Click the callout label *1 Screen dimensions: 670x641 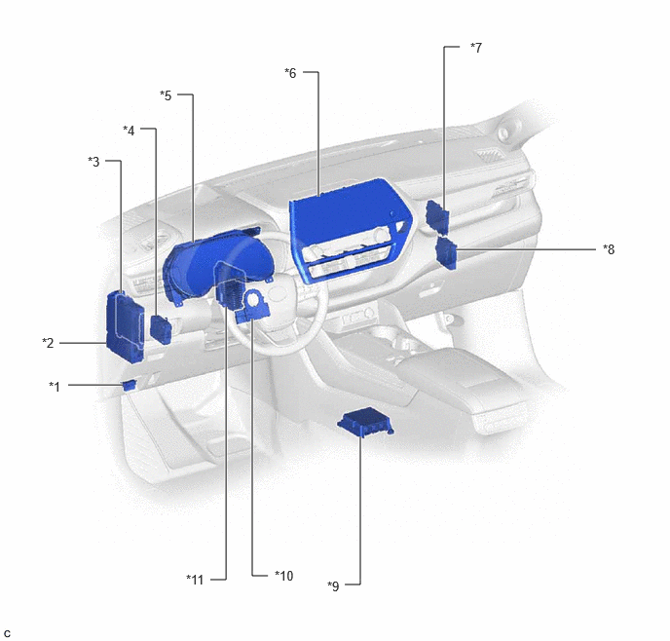[55, 387]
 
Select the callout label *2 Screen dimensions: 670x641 [48, 343]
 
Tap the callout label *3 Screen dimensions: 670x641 [93, 162]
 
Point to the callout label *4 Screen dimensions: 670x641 [129, 131]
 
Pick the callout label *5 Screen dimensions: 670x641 [166, 95]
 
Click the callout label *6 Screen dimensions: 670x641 [290, 73]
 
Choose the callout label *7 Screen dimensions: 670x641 [476, 48]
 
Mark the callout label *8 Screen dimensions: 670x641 [609, 249]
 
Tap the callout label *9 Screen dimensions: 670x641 [333, 586]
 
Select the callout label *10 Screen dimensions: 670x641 [284, 576]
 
